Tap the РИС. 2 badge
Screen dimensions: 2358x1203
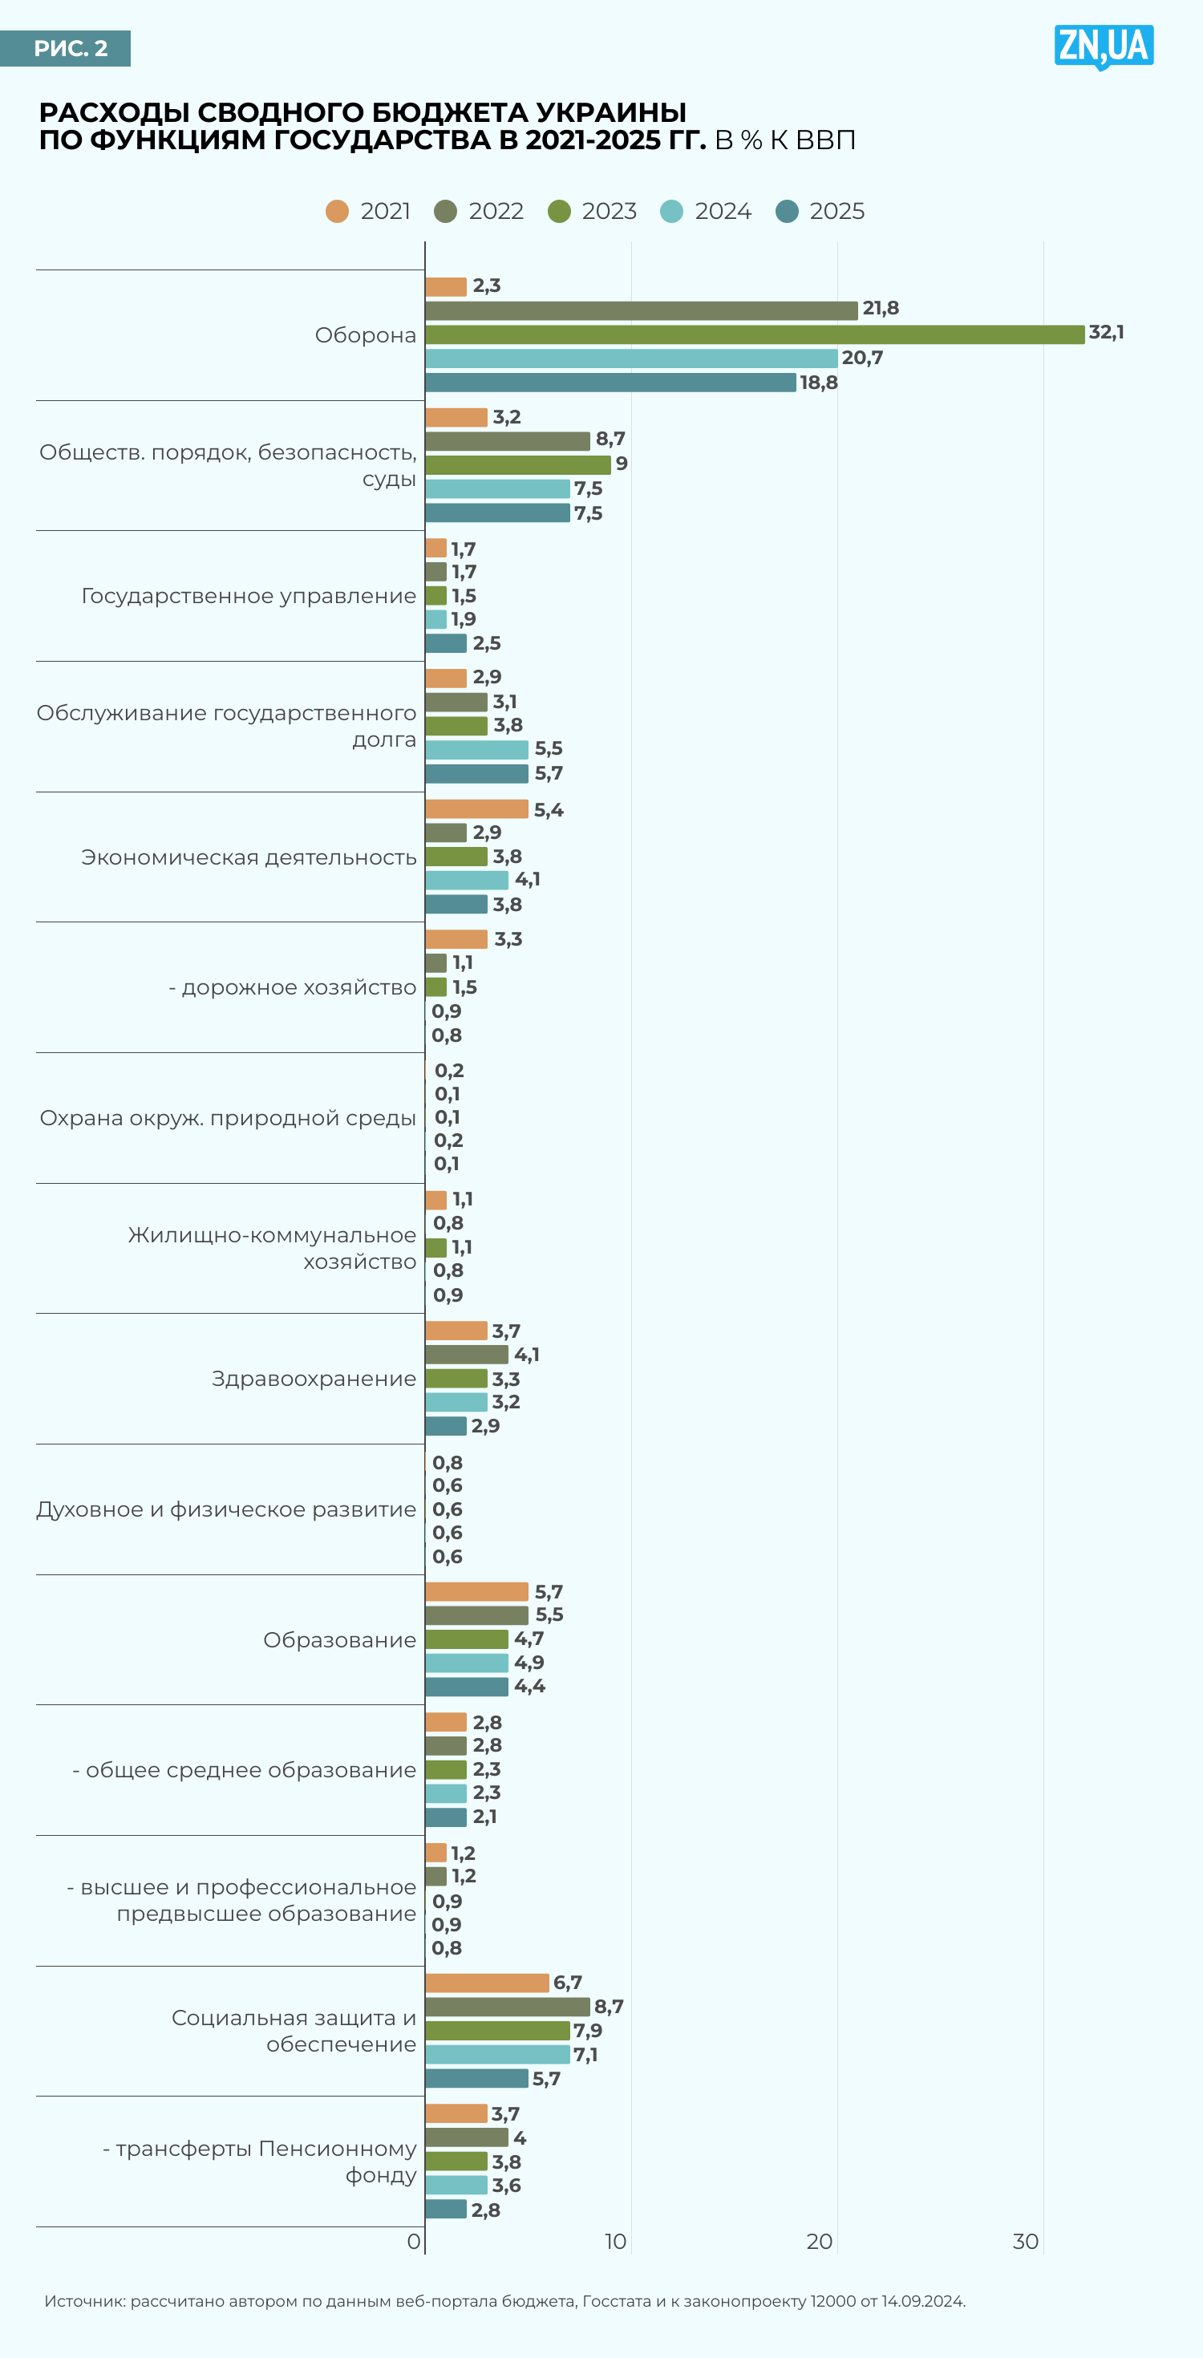[66, 48]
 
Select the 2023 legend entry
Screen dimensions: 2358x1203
[593, 212]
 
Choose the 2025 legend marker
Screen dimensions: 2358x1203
[788, 212]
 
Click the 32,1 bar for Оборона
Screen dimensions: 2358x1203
[755, 334]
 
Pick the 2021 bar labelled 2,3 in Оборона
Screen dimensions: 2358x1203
[446, 286]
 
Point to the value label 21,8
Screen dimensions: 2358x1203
[880, 309]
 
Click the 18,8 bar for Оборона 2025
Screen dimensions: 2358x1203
[610, 383]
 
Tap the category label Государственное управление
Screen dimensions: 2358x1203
[248, 596]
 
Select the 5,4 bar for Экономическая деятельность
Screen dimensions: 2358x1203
[476, 809]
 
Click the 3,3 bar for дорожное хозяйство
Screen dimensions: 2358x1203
[456, 939]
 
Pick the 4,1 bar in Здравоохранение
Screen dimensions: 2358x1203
[466, 1355]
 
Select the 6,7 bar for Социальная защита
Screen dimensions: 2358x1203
[486, 1983]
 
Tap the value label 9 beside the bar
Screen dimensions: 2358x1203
[622, 464]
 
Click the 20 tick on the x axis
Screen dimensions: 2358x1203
[820, 2241]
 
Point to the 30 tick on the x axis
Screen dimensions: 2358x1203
[1026, 2241]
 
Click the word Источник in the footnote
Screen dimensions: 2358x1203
[84, 2300]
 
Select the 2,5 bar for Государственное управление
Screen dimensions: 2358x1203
[446, 643]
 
